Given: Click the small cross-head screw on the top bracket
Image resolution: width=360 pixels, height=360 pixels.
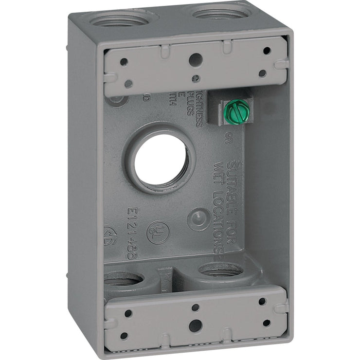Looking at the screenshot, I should click(196, 77).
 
